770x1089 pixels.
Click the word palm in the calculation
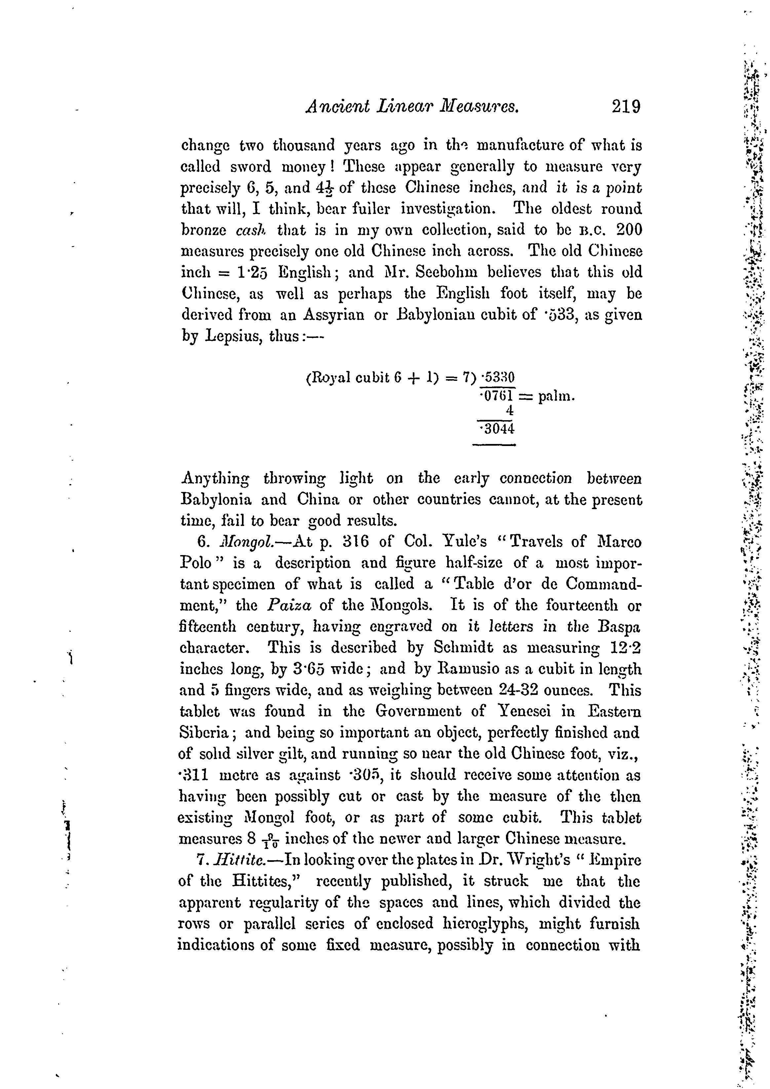point(556,396)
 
